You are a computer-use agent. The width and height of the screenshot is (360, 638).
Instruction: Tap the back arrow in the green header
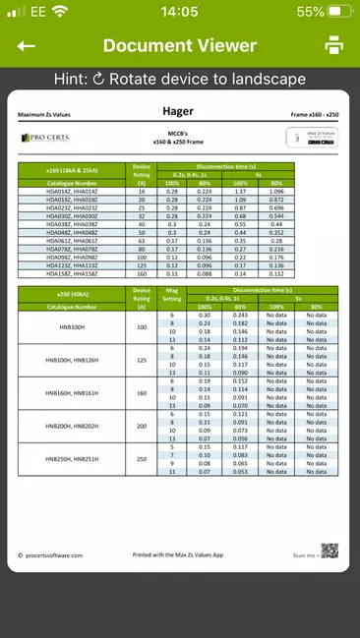pyautogui.click(x=27, y=46)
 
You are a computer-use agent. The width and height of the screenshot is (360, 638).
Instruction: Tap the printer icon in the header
pyautogui.click(x=334, y=46)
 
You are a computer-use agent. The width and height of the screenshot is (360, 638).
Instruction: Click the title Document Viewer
pyautogui.click(x=180, y=46)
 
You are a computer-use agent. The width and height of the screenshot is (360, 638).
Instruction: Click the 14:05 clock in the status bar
pyautogui.click(x=179, y=12)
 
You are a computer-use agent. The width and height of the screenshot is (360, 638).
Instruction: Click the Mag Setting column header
pyautogui.click(x=172, y=295)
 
